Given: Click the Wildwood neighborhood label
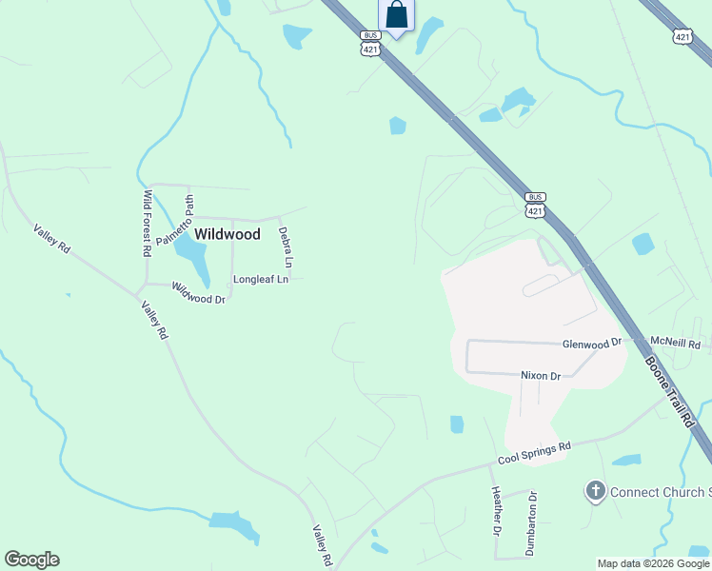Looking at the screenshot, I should [227, 233].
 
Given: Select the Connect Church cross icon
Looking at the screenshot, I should [596, 491].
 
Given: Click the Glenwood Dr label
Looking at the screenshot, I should [592, 342].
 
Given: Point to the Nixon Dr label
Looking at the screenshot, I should [540, 376].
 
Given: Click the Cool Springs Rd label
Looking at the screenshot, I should [534, 453].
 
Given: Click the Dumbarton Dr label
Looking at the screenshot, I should [532, 523].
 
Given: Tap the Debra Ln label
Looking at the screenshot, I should [285, 246].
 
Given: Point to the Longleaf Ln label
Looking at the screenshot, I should [261, 280].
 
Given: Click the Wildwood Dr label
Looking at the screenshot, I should [198, 292].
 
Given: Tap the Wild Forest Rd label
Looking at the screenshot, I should [148, 224].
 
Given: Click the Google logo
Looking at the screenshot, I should [31, 560].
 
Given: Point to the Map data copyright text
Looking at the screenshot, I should [653, 563].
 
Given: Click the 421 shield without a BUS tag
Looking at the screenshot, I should [682, 37].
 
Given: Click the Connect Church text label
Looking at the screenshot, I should [658, 492].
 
